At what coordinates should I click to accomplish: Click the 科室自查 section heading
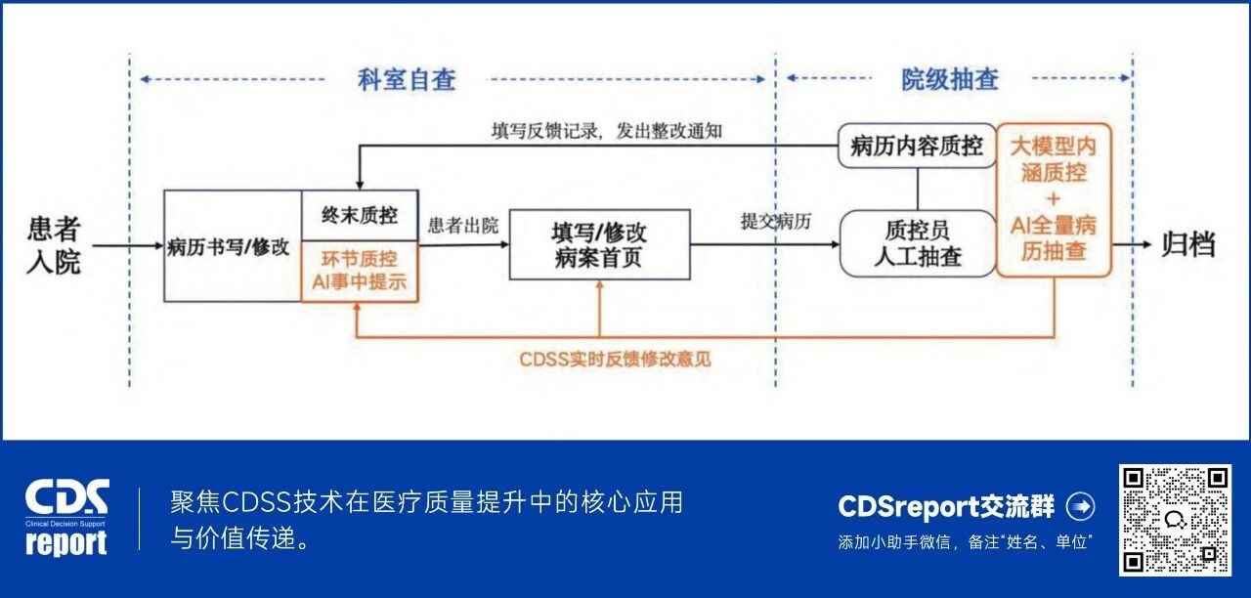pyautogui.click(x=407, y=80)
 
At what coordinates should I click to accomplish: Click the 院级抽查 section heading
pyautogui.click(x=949, y=80)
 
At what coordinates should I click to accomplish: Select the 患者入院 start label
pyautogui.click(x=54, y=245)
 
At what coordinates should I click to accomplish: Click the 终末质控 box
pyautogui.click(x=360, y=216)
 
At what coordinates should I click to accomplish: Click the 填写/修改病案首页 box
pyautogui.click(x=599, y=245)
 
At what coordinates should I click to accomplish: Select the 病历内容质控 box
pyautogui.click(x=916, y=147)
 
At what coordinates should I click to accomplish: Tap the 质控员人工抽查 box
pyautogui.click(x=918, y=243)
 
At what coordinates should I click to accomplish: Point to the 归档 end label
pyautogui.click(x=1187, y=244)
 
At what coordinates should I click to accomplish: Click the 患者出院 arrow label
pyautogui.click(x=463, y=226)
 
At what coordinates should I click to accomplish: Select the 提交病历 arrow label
pyautogui.click(x=776, y=222)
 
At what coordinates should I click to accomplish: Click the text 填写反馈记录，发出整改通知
pyautogui.click(x=606, y=131)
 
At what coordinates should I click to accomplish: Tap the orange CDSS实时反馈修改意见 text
pyautogui.click(x=616, y=359)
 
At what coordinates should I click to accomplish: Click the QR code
pyautogui.click(x=1174, y=519)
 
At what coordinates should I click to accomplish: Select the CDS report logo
pyautogui.click(x=66, y=518)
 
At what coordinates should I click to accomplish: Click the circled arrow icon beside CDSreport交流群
pyautogui.click(x=1080, y=506)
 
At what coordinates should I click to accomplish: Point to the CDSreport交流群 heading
pyautogui.click(x=946, y=506)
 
